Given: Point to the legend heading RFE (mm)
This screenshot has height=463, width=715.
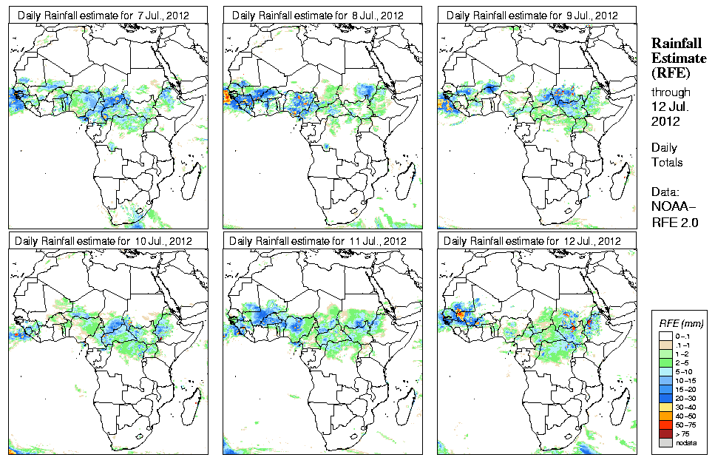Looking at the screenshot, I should (681, 324).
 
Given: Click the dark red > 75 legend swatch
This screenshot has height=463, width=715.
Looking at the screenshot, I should (663, 433).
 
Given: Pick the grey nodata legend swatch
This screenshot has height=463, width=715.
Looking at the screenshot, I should (663, 442).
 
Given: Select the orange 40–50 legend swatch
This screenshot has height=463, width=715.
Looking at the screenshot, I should (663, 416).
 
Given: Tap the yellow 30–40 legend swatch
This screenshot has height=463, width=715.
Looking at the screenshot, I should (663, 407).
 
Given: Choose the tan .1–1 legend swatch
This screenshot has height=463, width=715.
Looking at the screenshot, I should (663, 345).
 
